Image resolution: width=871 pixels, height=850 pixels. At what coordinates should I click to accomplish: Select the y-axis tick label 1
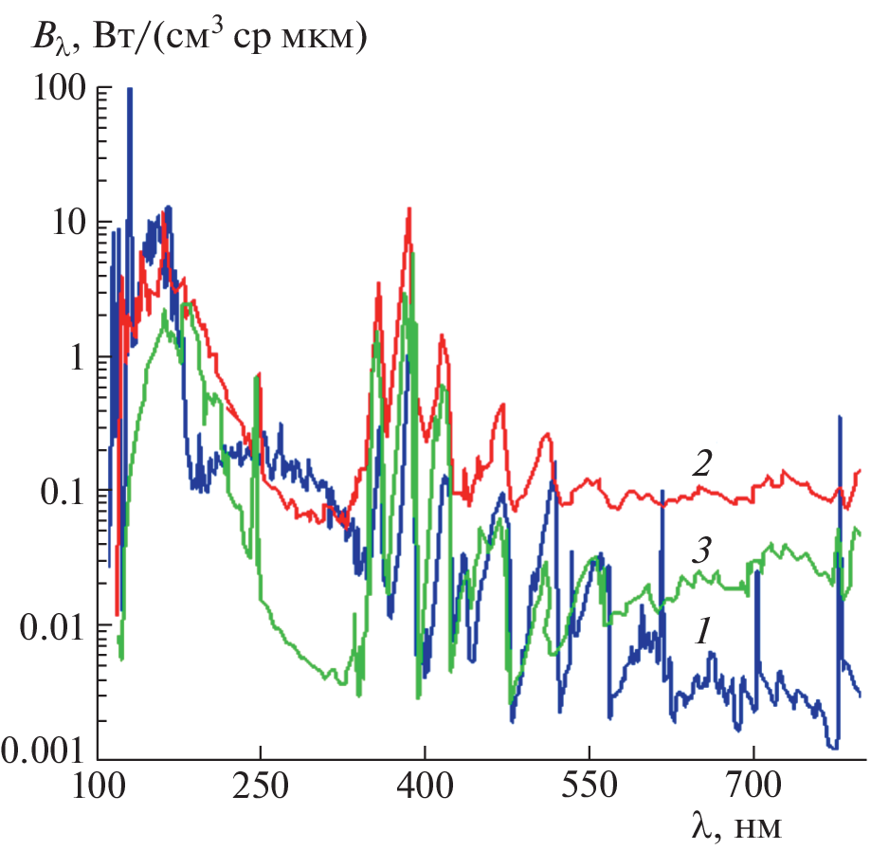coord(74,358)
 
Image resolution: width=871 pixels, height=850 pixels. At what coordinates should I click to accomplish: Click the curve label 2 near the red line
coord(701,463)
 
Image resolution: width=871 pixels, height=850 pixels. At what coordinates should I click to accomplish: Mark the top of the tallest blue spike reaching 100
coord(130,88)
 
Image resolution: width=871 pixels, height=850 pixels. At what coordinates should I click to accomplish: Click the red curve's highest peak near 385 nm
coord(408,208)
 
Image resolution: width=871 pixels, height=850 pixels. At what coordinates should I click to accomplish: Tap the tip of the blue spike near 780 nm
coord(839,416)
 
